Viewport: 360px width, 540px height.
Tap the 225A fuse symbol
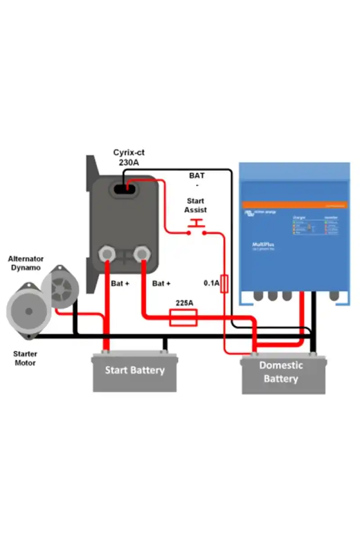(x=183, y=317)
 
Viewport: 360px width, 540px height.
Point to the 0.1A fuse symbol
(x=224, y=283)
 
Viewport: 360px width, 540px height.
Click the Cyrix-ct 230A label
(x=129, y=157)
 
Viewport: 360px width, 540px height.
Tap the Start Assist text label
(x=195, y=205)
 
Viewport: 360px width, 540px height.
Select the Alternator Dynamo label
(x=26, y=263)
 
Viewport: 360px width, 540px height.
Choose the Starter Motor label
(x=25, y=358)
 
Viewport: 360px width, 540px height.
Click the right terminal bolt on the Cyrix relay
(x=142, y=253)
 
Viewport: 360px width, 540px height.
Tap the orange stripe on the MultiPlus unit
(x=295, y=205)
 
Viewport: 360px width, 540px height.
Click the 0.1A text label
(x=211, y=283)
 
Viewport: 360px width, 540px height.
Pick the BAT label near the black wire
(x=197, y=175)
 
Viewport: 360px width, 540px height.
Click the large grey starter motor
(x=28, y=311)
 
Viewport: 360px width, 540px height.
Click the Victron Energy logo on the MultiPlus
(x=261, y=212)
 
